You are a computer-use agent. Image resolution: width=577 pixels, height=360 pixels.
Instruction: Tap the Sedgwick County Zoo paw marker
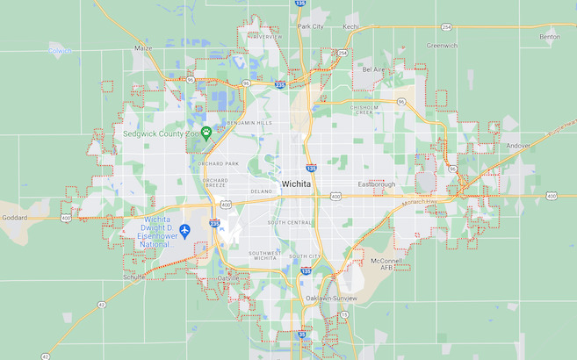click(x=206, y=133)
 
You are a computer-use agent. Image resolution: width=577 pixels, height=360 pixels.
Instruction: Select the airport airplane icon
click(x=184, y=230)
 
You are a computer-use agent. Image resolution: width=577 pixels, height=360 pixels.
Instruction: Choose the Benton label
click(x=550, y=37)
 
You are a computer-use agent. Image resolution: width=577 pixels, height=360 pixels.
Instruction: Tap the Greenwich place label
click(x=442, y=45)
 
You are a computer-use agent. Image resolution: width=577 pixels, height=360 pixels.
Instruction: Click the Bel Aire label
click(x=374, y=68)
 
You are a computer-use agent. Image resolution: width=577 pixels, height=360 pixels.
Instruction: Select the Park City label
click(x=310, y=26)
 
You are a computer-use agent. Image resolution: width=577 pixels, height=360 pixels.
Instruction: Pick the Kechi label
click(x=351, y=26)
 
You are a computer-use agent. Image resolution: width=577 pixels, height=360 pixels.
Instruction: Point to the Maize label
click(x=143, y=48)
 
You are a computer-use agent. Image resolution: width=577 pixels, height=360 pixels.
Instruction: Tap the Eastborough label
click(x=377, y=184)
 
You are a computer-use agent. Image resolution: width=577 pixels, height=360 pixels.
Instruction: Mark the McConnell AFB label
click(x=386, y=265)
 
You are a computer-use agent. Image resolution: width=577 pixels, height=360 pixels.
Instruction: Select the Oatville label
click(x=228, y=278)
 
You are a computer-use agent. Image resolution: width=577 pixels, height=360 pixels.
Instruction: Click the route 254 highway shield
click(x=446, y=26)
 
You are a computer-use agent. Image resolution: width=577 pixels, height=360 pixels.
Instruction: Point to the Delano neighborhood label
click(x=262, y=191)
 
